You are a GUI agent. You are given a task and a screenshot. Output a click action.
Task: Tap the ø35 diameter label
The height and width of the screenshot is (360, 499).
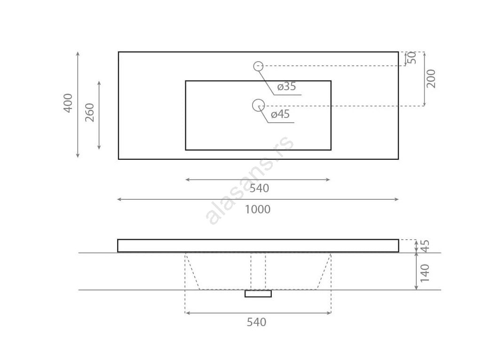point(286,86)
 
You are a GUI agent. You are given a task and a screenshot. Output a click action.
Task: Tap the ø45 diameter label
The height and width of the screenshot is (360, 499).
point(280,114)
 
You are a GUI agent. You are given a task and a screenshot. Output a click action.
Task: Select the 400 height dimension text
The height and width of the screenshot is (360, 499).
point(68,103)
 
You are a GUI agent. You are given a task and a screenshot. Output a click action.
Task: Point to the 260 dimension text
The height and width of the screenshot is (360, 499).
point(89,112)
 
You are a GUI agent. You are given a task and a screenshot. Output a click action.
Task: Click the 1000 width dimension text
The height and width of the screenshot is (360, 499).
point(257,209)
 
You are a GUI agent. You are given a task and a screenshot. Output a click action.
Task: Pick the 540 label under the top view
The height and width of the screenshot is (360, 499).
point(259,188)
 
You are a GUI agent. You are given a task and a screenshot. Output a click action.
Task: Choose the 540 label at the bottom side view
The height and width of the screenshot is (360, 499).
point(256,322)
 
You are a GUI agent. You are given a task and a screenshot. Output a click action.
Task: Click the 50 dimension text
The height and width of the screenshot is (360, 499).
point(412,57)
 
